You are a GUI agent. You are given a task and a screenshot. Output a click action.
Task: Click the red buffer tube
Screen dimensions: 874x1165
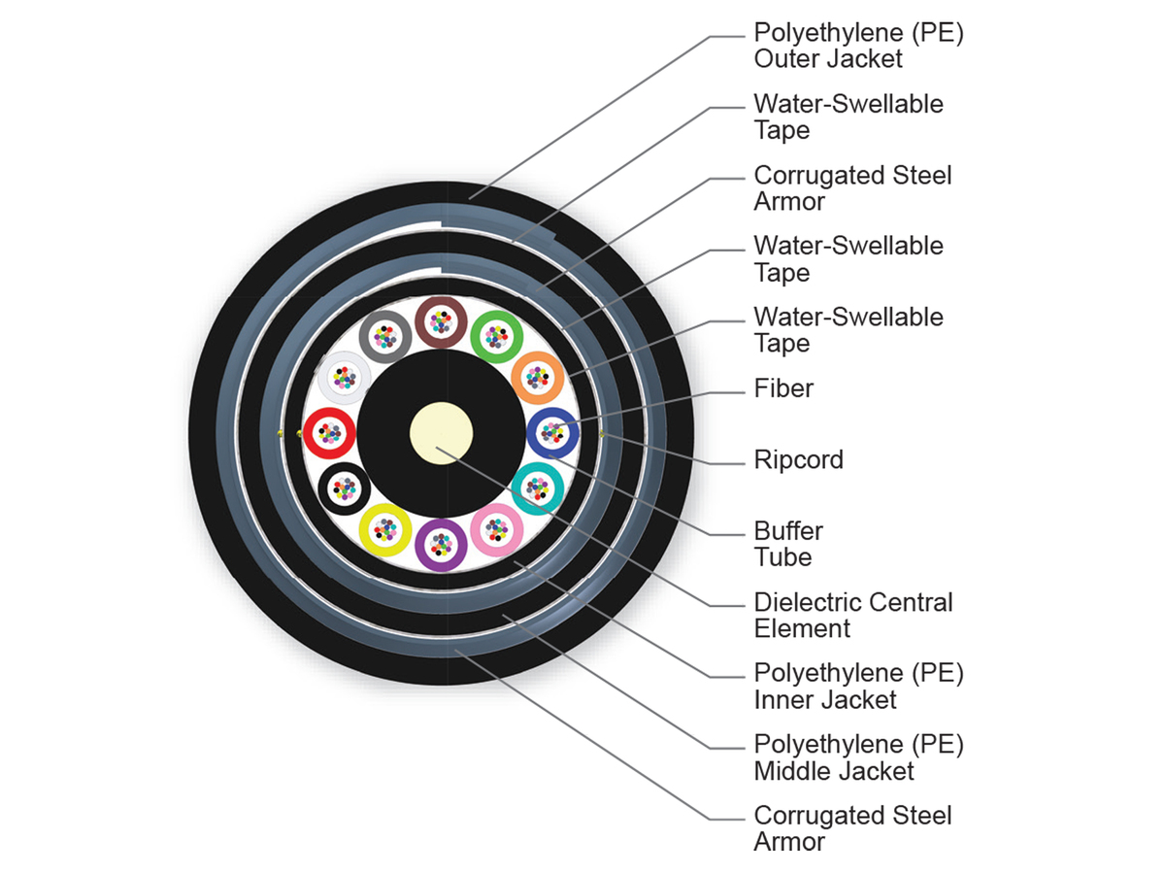coord(329,432)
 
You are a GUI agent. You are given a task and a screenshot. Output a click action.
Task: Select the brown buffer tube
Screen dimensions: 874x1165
coord(442,321)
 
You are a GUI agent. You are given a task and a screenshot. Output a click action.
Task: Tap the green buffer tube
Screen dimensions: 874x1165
coord(497,336)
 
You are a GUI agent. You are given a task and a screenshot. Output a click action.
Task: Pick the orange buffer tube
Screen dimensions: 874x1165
coord(537,377)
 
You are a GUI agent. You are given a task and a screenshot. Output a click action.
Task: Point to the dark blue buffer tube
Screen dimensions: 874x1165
coord(552,432)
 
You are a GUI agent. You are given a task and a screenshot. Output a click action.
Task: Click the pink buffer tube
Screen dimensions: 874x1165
coord(497,528)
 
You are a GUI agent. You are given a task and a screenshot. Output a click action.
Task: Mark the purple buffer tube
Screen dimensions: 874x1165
coord(442,544)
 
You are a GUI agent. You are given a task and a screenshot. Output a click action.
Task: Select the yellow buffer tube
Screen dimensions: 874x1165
coord(385,529)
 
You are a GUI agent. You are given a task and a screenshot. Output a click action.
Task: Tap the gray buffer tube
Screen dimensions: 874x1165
coord(385,336)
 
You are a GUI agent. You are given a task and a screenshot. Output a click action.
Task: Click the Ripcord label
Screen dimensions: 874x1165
coord(798,459)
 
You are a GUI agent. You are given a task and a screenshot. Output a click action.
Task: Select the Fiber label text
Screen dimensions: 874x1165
coord(783,389)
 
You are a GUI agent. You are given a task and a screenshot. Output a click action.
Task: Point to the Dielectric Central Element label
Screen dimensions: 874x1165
coord(852,615)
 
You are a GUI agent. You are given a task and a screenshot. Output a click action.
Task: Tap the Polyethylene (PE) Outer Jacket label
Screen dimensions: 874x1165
coord(858,46)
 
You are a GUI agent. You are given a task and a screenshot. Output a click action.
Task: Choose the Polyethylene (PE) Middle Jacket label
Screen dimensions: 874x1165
coord(858,757)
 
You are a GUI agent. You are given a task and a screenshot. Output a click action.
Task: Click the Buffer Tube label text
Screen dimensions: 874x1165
coord(787,544)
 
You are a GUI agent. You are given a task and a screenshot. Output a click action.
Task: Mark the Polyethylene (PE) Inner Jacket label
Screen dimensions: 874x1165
coord(858,686)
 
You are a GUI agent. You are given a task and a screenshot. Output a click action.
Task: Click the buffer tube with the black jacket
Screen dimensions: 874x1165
coord(345,487)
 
